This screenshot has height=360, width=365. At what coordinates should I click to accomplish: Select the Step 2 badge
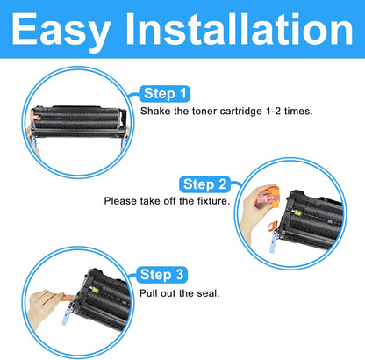(x=204, y=184)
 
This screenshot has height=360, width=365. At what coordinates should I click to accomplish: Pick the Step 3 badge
(x=162, y=274)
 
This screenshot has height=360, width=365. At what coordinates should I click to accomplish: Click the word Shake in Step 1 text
(x=156, y=112)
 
